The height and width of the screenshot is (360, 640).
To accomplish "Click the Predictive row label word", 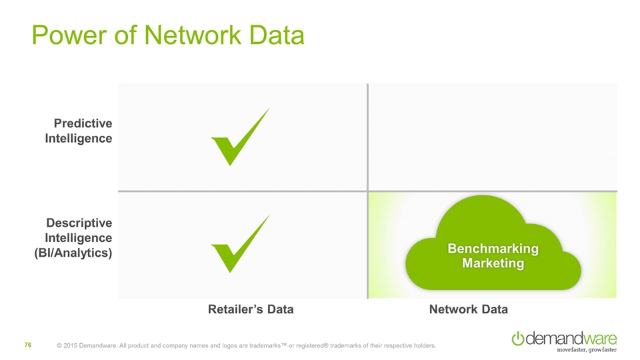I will pyautogui.click(x=83, y=123).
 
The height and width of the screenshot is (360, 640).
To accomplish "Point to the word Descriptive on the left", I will pyautogui.click(x=79, y=222).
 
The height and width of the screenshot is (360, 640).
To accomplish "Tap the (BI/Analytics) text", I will pyautogui.click(x=73, y=253).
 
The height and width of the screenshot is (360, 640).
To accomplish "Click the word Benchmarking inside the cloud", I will pyautogui.click(x=493, y=249).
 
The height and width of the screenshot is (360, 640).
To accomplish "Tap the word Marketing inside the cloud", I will pyautogui.click(x=493, y=263).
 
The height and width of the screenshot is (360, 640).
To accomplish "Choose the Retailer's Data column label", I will pyautogui.click(x=251, y=309).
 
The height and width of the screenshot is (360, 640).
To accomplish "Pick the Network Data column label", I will pyautogui.click(x=469, y=309).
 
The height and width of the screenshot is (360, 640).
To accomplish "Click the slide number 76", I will pyautogui.click(x=29, y=345).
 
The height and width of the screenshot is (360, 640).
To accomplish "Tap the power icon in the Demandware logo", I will pyautogui.click(x=517, y=339).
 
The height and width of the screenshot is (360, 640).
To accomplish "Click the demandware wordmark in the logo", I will pyautogui.click(x=571, y=338).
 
